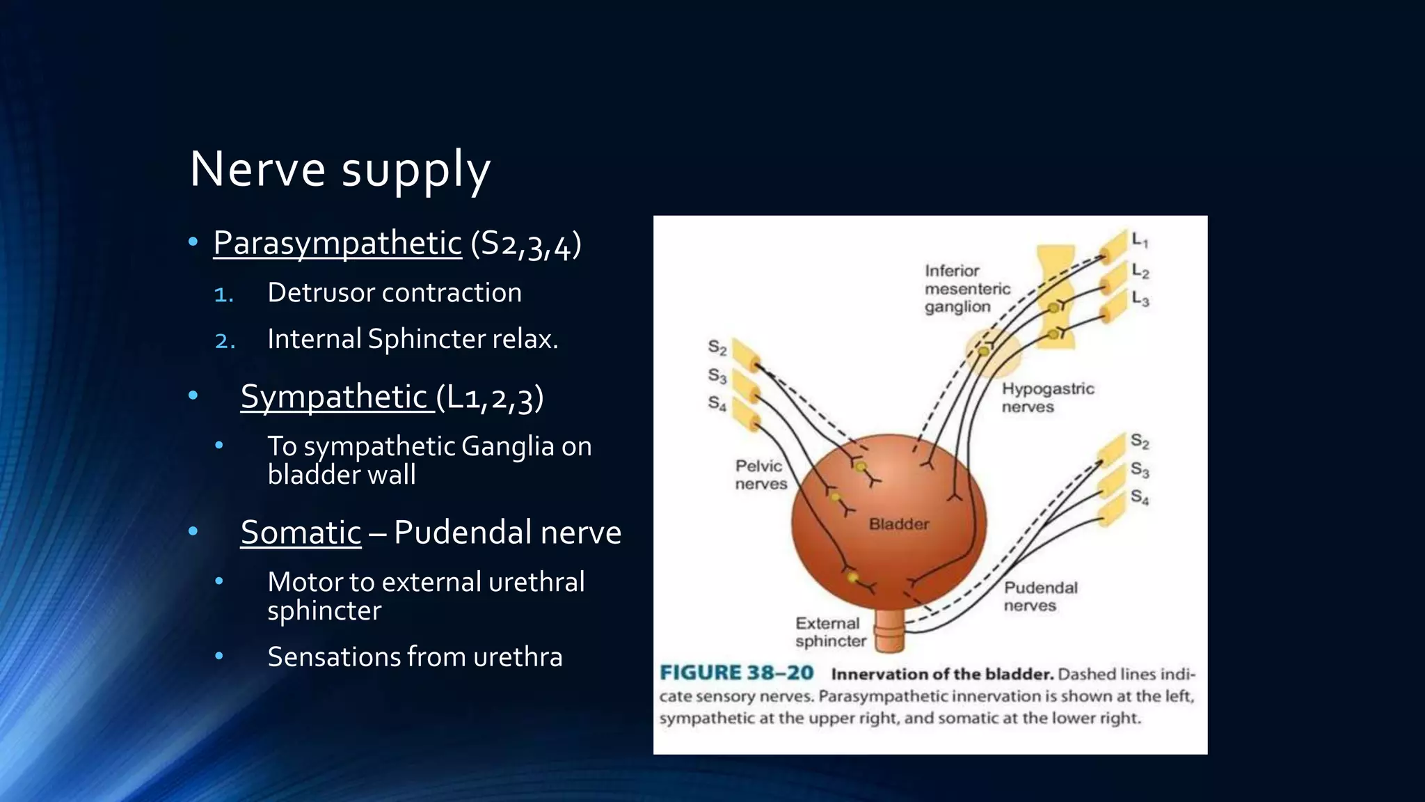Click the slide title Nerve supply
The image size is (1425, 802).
[x=340, y=169]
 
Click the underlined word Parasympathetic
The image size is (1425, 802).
[x=337, y=243]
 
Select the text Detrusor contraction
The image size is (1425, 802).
[x=394, y=292]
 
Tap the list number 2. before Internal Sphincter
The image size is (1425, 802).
[x=225, y=340]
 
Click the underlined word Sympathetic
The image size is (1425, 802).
[x=334, y=397]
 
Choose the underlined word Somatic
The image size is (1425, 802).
[x=301, y=533]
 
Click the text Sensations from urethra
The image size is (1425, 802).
[x=415, y=657]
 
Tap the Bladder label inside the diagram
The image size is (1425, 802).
[x=898, y=524]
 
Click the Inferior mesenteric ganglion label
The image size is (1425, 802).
[x=966, y=288]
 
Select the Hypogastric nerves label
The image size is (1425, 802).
[x=1047, y=398]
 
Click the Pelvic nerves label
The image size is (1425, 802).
[x=761, y=475]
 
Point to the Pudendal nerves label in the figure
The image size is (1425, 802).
[x=1040, y=597]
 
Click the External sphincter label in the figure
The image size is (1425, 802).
[x=830, y=632]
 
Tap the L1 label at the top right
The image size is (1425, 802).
[x=1140, y=241]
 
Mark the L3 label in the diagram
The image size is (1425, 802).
[x=1140, y=299]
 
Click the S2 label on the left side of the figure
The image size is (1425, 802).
[x=717, y=347]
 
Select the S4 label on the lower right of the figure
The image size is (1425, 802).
[x=1139, y=497]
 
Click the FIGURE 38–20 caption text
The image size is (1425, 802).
[x=736, y=673]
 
